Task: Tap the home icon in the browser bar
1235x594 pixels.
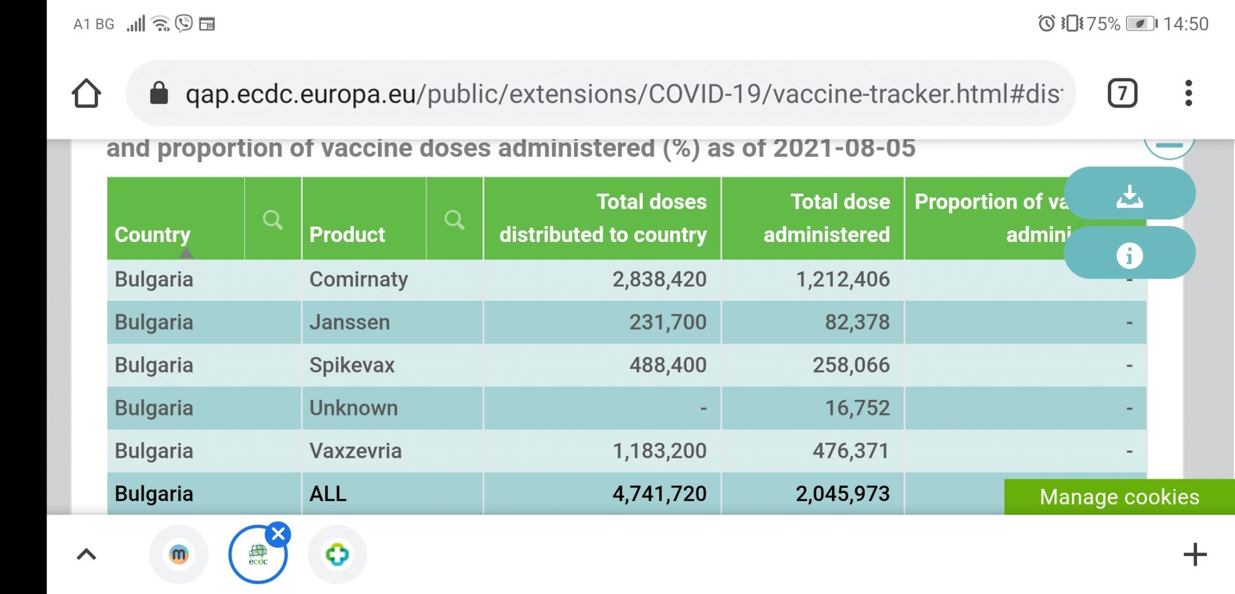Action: pyautogui.click(x=86, y=93)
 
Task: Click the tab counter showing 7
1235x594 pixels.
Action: pyautogui.click(x=1122, y=93)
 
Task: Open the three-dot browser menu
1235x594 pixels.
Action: pyautogui.click(x=1188, y=93)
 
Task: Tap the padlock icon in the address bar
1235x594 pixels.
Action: pyautogui.click(x=159, y=93)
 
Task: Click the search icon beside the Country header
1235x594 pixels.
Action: pyautogui.click(x=273, y=220)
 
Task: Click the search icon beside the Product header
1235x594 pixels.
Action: pyautogui.click(x=454, y=220)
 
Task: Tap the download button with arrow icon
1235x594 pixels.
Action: pyautogui.click(x=1129, y=195)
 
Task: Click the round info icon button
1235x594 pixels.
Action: pyautogui.click(x=1129, y=255)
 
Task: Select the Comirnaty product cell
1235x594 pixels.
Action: pyautogui.click(x=359, y=279)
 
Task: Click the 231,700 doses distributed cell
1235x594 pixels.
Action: pyautogui.click(x=668, y=322)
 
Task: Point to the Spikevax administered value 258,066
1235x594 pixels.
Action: pyautogui.click(x=850, y=365)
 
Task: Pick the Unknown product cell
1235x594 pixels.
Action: pyautogui.click(x=353, y=408)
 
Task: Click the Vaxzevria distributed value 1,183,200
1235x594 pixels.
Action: pyautogui.click(x=659, y=450)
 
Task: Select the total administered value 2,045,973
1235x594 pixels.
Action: pyautogui.click(x=842, y=493)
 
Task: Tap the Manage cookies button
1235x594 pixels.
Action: pyautogui.click(x=1119, y=497)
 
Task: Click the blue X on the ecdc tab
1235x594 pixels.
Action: pyautogui.click(x=279, y=534)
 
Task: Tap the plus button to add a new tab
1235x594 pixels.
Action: pyautogui.click(x=1195, y=554)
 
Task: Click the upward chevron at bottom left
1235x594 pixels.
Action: pyautogui.click(x=86, y=554)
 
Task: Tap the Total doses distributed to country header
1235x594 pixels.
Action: pyautogui.click(x=603, y=218)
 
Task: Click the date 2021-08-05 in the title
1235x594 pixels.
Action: pyautogui.click(x=844, y=148)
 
